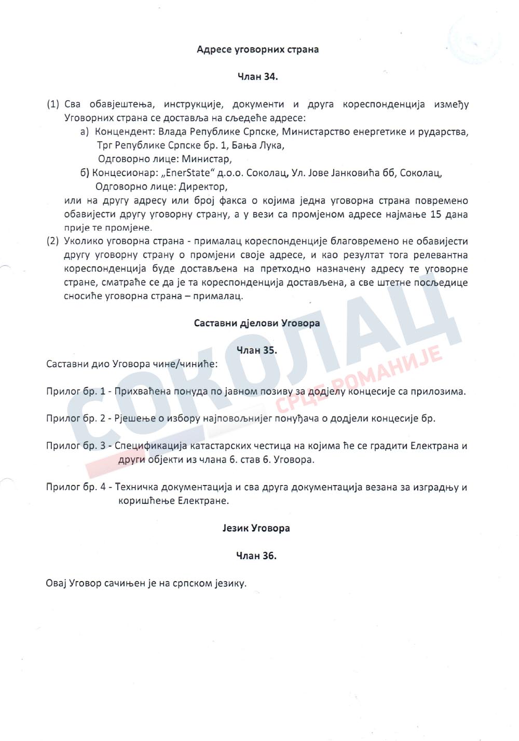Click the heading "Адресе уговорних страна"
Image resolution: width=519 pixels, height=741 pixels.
point(258,49)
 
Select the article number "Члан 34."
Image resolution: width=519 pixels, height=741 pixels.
point(258,77)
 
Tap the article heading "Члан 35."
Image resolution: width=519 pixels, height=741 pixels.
point(257,350)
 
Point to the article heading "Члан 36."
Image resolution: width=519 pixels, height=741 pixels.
point(256,556)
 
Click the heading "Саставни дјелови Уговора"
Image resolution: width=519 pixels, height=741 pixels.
point(257,323)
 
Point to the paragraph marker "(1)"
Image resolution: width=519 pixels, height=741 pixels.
point(53,104)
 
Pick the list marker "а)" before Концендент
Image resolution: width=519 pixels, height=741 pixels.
point(85,132)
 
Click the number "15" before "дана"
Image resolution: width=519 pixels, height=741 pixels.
point(436,214)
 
